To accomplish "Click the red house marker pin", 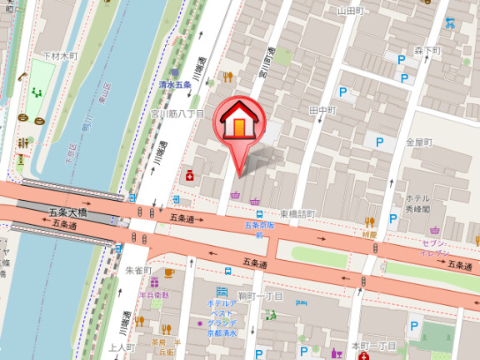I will click(238, 126).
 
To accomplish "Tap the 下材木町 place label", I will click(59, 56).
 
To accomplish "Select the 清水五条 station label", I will click(176, 85).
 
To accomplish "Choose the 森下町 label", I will click(427, 52).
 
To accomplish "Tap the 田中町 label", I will click(322, 110).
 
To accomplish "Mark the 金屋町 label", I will click(418, 142).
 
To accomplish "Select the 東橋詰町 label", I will click(297, 214).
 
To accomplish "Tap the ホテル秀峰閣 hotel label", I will click(417, 204).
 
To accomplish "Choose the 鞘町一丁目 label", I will click(260, 297).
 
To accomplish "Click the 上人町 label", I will click(122, 347).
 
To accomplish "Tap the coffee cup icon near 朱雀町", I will click(169, 272).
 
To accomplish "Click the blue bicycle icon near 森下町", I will click(450, 22).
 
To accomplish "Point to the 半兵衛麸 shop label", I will click(154, 295).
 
